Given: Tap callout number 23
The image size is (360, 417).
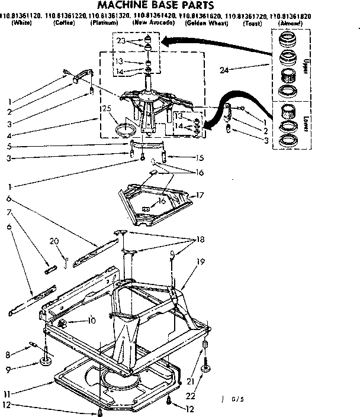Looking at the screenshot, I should point(121,42).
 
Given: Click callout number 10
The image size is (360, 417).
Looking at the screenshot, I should point(91,321).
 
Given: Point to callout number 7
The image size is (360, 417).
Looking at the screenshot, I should point(9,211).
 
